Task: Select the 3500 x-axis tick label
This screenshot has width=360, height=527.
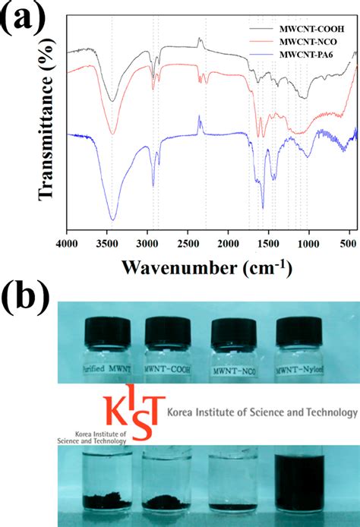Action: (107, 244)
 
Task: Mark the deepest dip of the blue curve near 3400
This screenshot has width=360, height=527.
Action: (112, 219)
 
